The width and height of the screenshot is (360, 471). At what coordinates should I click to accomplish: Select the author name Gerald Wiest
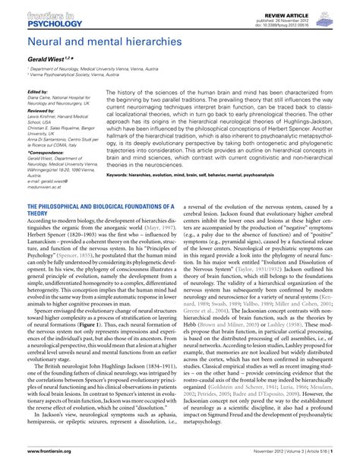(47, 58)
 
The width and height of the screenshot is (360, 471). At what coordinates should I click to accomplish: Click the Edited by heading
(36, 93)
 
